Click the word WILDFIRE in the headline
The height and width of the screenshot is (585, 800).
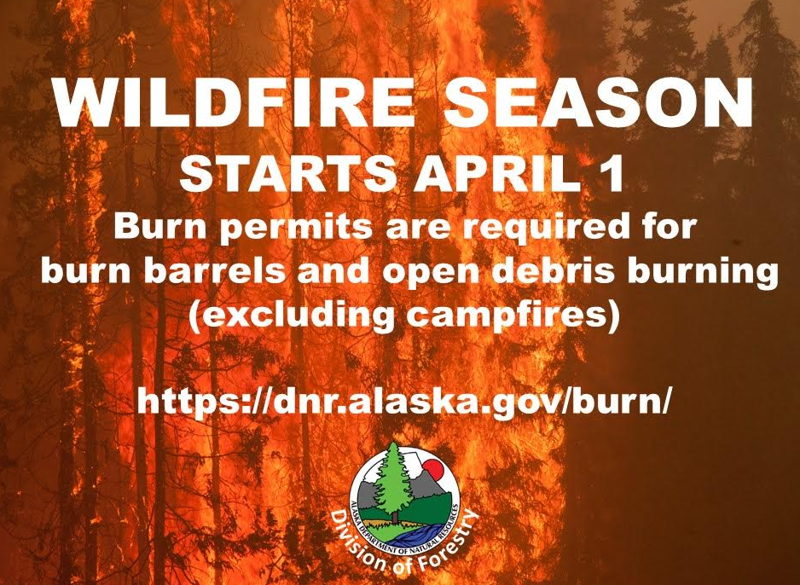pyautogui.click(x=234, y=102)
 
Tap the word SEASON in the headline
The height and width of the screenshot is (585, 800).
pyautogui.click(x=599, y=102)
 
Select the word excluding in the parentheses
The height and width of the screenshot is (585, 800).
pyautogui.click(x=292, y=316)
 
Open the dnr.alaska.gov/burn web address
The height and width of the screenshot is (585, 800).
pyautogui.click(x=402, y=402)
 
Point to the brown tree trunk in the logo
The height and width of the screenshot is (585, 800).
pyautogui.click(x=394, y=516)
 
